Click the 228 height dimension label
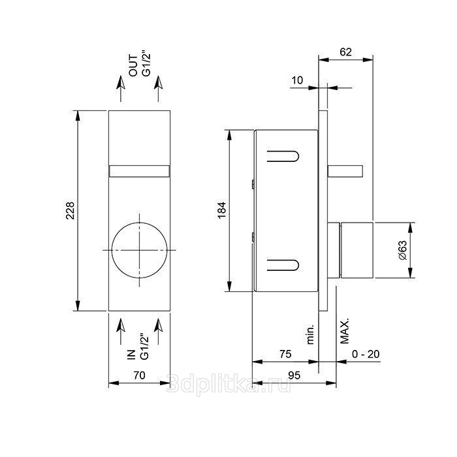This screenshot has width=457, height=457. (x=71, y=210)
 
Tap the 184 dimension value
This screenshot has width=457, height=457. (x=222, y=210)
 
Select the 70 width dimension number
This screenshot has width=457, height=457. (x=139, y=375)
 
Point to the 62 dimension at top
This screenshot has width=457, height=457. (x=346, y=52)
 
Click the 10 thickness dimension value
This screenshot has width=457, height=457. (x=297, y=80)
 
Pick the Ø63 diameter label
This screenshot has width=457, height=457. (x=402, y=250)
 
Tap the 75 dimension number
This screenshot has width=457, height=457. (x=285, y=354)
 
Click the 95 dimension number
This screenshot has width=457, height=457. (x=294, y=375)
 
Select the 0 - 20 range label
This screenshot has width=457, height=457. (x=366, y=354)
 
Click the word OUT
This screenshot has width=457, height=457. (x=133, y=65)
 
